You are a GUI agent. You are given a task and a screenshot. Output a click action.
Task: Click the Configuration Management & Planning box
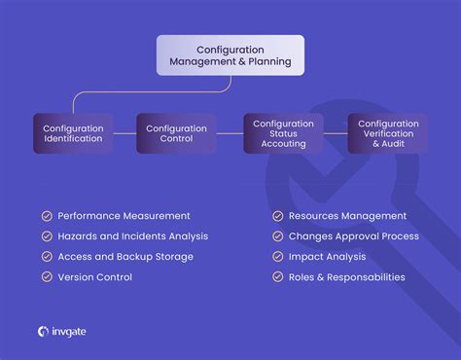(230, 55)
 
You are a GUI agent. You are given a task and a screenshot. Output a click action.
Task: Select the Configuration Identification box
(73, 133)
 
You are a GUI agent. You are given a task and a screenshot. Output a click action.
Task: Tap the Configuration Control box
(176, 133)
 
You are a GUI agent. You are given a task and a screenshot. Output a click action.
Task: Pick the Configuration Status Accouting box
(283, 133)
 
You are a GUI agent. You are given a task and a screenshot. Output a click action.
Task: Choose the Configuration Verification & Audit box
(388, 133)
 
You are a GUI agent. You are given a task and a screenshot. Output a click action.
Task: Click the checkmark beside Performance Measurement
(47, 216)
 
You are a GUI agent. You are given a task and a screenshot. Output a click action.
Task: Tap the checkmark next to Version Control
(47, 277)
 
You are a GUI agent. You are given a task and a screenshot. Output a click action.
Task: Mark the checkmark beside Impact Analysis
(278, 257)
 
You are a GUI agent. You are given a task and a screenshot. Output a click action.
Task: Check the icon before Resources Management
(278, 216)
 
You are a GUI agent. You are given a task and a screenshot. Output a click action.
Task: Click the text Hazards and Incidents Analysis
(132, 236)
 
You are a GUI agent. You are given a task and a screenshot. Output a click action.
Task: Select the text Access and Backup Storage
(125, 257)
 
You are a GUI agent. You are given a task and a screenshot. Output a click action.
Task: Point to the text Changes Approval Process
(354, 236)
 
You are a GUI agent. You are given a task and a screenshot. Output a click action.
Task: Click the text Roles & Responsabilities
(346, 277)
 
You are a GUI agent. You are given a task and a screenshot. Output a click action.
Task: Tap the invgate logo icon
(44, 332)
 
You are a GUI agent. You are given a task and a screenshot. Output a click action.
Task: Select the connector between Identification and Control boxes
(124, 133)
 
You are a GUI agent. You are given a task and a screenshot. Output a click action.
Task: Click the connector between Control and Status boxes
(230, 133)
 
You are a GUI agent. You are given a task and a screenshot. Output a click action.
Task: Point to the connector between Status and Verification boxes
(336, 133)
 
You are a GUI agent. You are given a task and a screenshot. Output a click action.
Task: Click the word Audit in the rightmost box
(402, 143)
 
